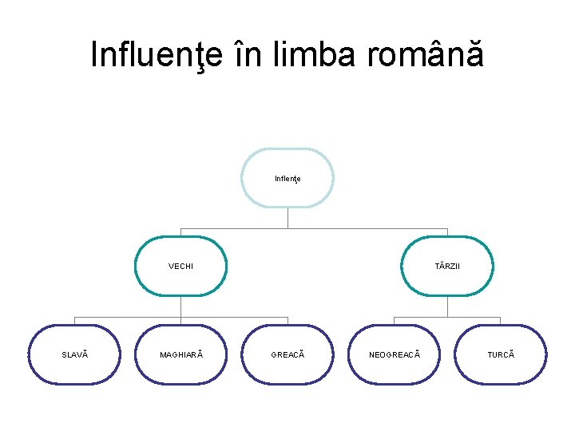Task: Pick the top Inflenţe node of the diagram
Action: tap(287, 178)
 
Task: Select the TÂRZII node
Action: tap(447, 266)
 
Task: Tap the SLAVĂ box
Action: tap(74, 354)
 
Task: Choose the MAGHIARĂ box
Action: tap(180, 354)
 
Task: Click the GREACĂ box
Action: tap(287, 354)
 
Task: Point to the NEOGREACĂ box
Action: tap(394, 354)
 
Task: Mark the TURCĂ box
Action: tap(501, 354)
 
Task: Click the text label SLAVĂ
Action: tap(74, 354)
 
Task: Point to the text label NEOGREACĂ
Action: tap(394, 354)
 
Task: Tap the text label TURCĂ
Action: tap(501, 354)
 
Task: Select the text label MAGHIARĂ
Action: tap(180, 354)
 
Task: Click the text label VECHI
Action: tap(180, 266)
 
